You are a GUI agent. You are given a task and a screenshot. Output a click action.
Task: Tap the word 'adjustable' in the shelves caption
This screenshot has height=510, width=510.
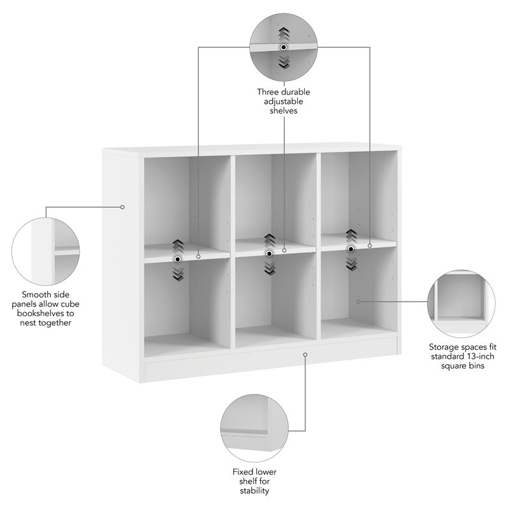click(x=284, y=101)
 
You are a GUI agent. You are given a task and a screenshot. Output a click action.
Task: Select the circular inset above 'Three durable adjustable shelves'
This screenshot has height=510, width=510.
click(x=284, y=46)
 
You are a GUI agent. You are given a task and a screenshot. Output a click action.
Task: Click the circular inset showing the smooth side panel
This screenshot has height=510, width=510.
click(x=47, y=251)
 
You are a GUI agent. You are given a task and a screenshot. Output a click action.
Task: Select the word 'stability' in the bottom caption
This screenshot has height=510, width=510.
click(x=254, y=491)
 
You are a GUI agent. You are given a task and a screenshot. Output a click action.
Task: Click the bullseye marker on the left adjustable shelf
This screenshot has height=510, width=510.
click(x=178, y=258)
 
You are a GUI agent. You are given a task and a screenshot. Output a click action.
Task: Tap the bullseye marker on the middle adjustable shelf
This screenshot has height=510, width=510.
click(x=270, y=253)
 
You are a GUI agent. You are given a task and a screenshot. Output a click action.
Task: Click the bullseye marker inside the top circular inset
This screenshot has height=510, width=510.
click(x=284, y=47)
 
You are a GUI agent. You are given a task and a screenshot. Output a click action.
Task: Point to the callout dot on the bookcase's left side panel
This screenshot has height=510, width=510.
click(x=122, y=207)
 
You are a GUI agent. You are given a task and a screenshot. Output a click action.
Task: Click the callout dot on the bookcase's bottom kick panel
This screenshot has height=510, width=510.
click(x=305, y=354)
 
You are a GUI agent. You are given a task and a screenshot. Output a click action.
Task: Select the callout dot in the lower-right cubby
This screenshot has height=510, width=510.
click(x=358, y=301)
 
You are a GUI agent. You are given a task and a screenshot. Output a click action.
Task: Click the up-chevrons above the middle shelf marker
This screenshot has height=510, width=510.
click(x=270, y=240)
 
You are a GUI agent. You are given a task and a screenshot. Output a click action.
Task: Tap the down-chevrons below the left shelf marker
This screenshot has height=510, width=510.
click(x=178, y=273)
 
